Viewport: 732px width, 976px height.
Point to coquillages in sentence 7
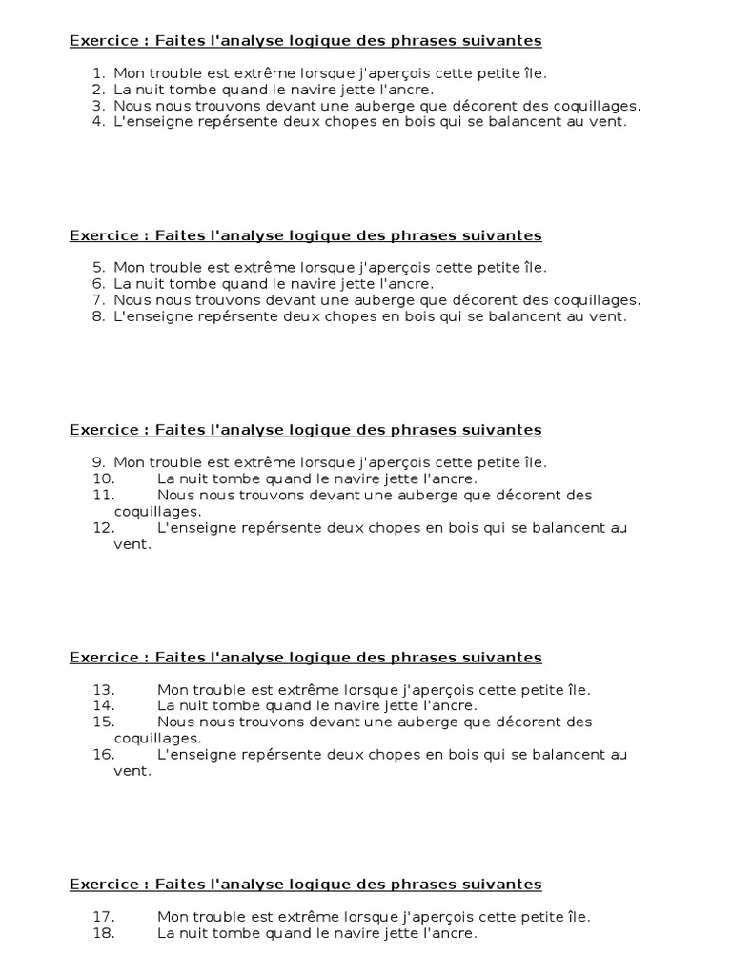tap(596, 300)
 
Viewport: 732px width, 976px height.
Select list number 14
tap(104, 706)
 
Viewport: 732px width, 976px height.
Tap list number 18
tap(104, 934)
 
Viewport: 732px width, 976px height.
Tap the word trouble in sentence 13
tap(220, 690)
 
